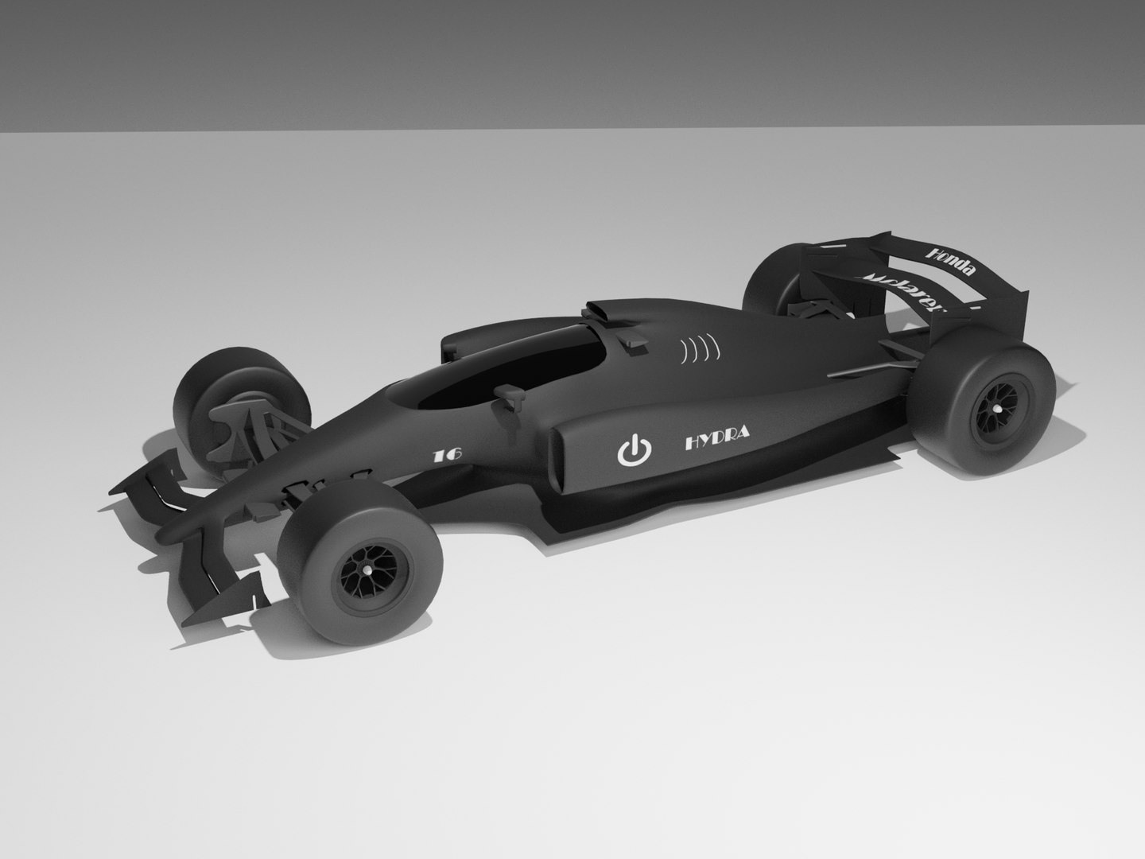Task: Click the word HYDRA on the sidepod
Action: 716,440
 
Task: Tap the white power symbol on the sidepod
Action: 635,450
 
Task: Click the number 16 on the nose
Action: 447,456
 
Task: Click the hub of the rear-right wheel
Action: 994,410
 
